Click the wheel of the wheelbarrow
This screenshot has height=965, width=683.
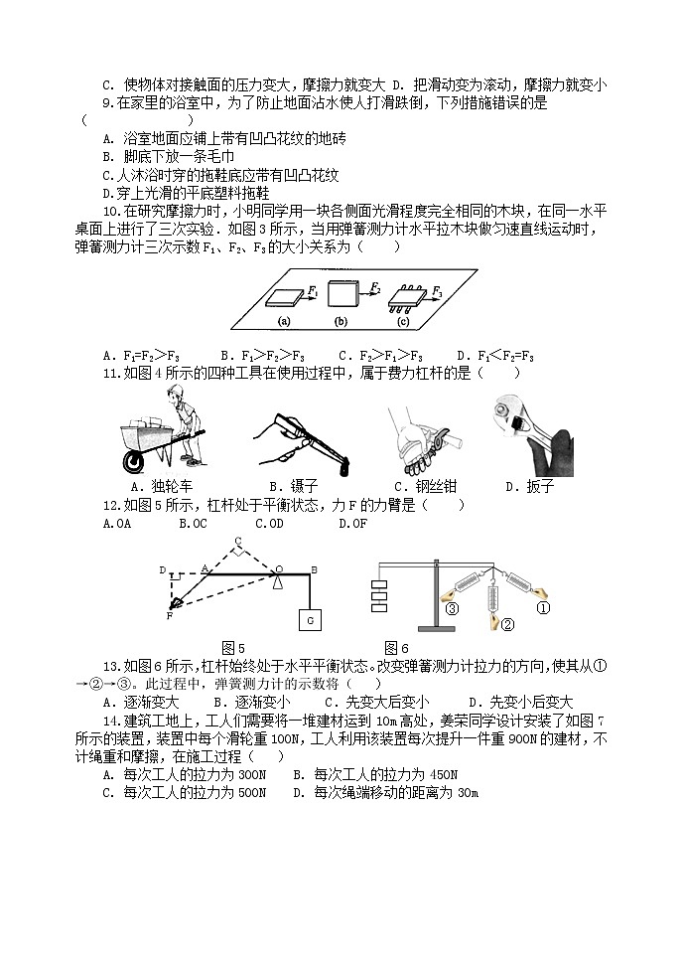coord(132,460)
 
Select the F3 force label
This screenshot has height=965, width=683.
coord(437,291)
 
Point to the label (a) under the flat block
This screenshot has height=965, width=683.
coord(283,321)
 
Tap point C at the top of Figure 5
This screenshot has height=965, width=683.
coord(237,542)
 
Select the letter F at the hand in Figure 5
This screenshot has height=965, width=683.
coord(169,616)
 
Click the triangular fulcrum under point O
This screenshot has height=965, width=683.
coord(281,580)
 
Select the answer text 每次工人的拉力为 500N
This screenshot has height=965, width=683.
coord(194,792)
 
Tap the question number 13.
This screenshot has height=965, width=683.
coord(111,665)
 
